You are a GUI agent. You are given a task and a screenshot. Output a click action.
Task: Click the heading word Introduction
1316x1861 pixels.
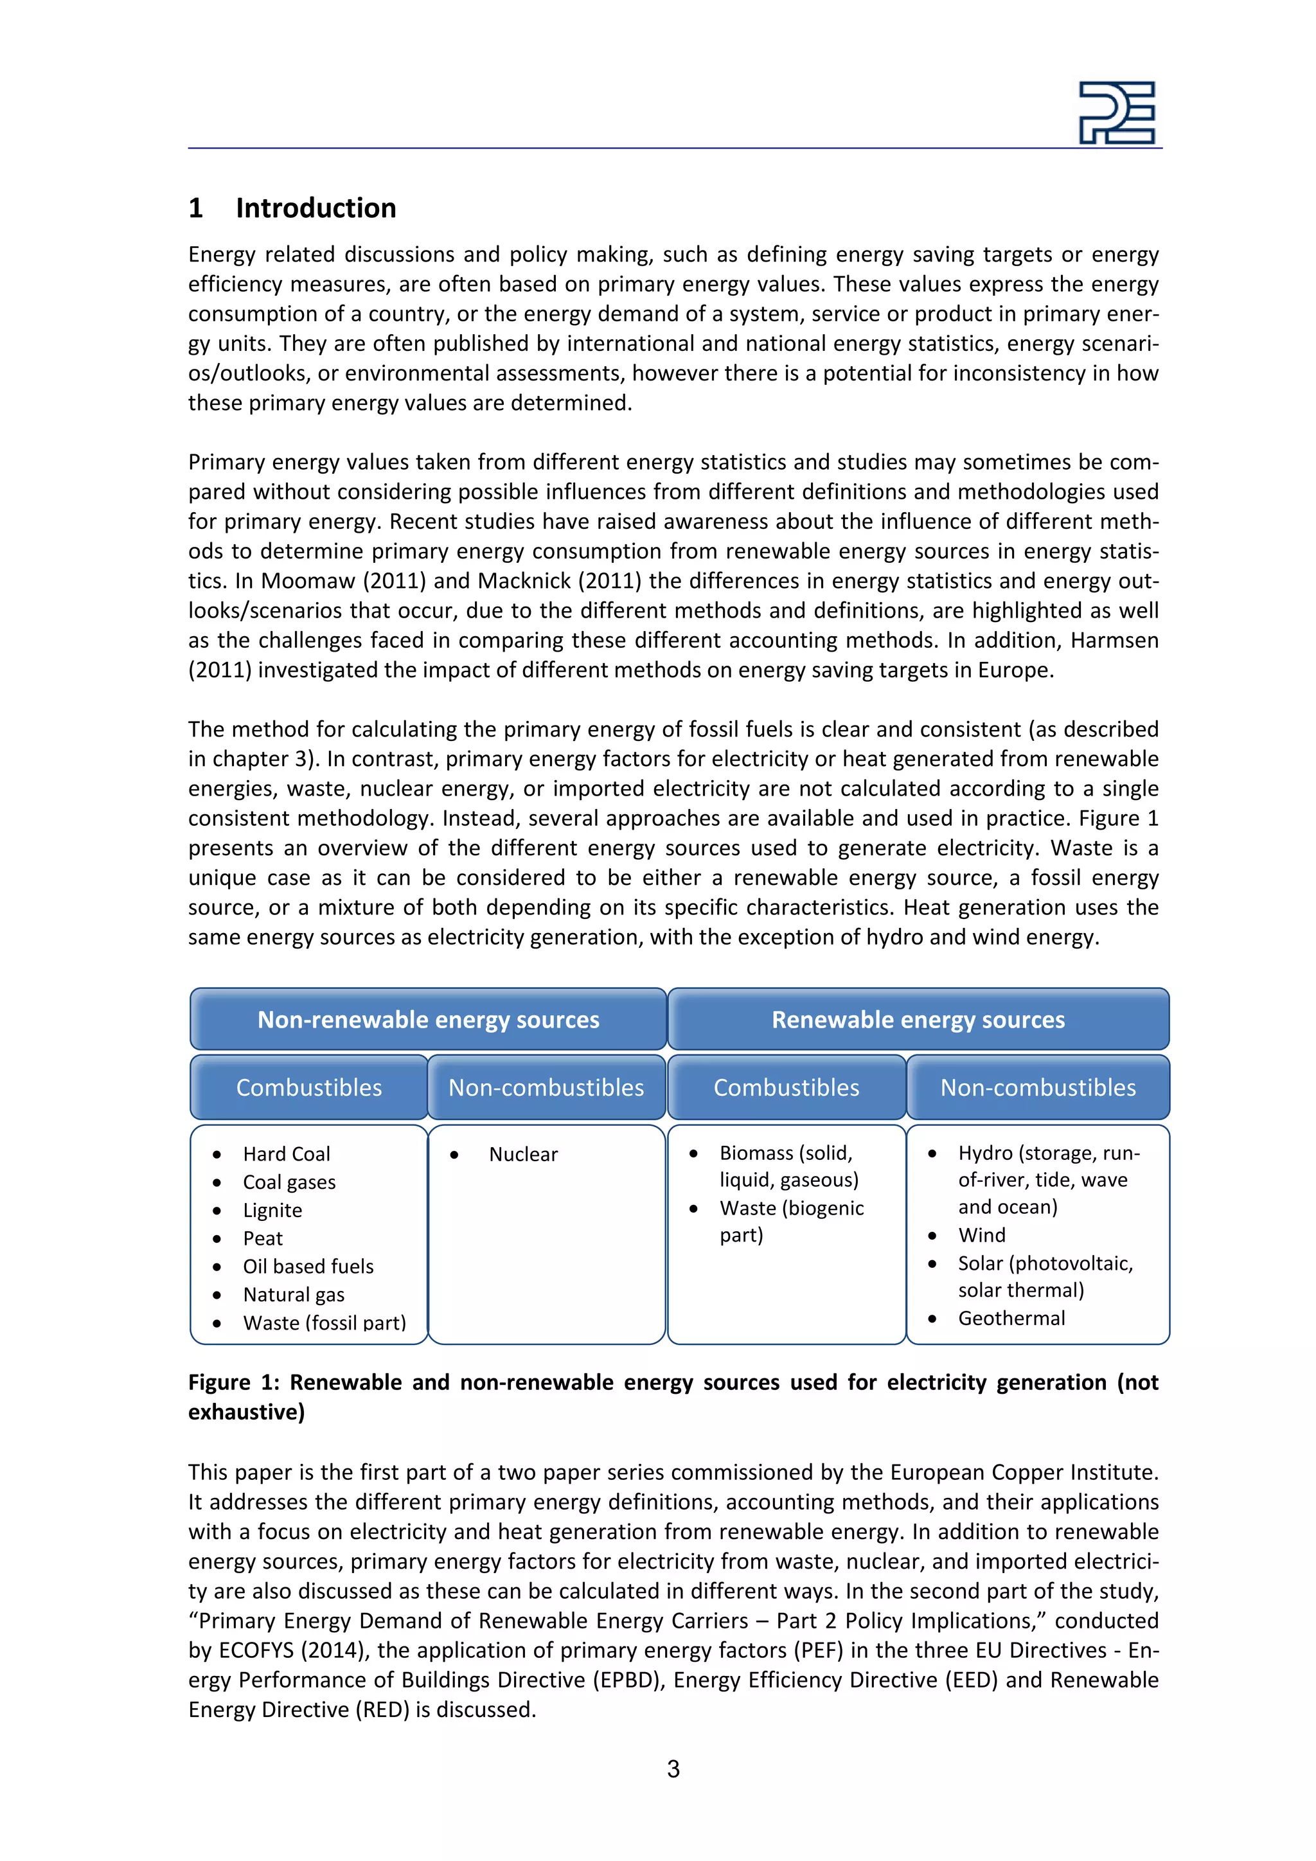pos(316,208)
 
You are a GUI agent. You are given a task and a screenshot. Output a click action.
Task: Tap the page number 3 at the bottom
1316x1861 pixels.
pos(673,1768)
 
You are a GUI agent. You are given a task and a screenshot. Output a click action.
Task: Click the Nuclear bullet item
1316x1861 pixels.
pos(522,1154)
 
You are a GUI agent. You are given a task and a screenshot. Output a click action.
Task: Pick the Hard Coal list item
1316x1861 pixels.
pos(286,1154)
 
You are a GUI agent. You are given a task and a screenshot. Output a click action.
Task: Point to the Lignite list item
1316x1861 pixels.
pos(272,1210)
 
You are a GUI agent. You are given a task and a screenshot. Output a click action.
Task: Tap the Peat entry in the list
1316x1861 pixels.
pos(263,1238)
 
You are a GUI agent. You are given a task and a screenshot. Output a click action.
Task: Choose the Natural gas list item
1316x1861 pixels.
pos(294,1294)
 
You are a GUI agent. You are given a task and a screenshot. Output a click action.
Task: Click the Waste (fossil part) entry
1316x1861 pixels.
pos(324,1322)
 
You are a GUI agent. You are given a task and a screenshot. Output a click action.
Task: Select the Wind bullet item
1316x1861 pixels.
pos(981,1235)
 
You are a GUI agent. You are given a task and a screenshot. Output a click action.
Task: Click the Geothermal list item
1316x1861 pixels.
pos(1011,1318)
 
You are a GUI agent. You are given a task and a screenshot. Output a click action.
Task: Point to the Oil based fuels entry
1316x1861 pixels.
pos(308,1266)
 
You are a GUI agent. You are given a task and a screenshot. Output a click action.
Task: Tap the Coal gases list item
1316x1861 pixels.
pos(289,1182)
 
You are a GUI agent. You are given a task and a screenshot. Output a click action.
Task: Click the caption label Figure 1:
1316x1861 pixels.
pos(233,1382)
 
